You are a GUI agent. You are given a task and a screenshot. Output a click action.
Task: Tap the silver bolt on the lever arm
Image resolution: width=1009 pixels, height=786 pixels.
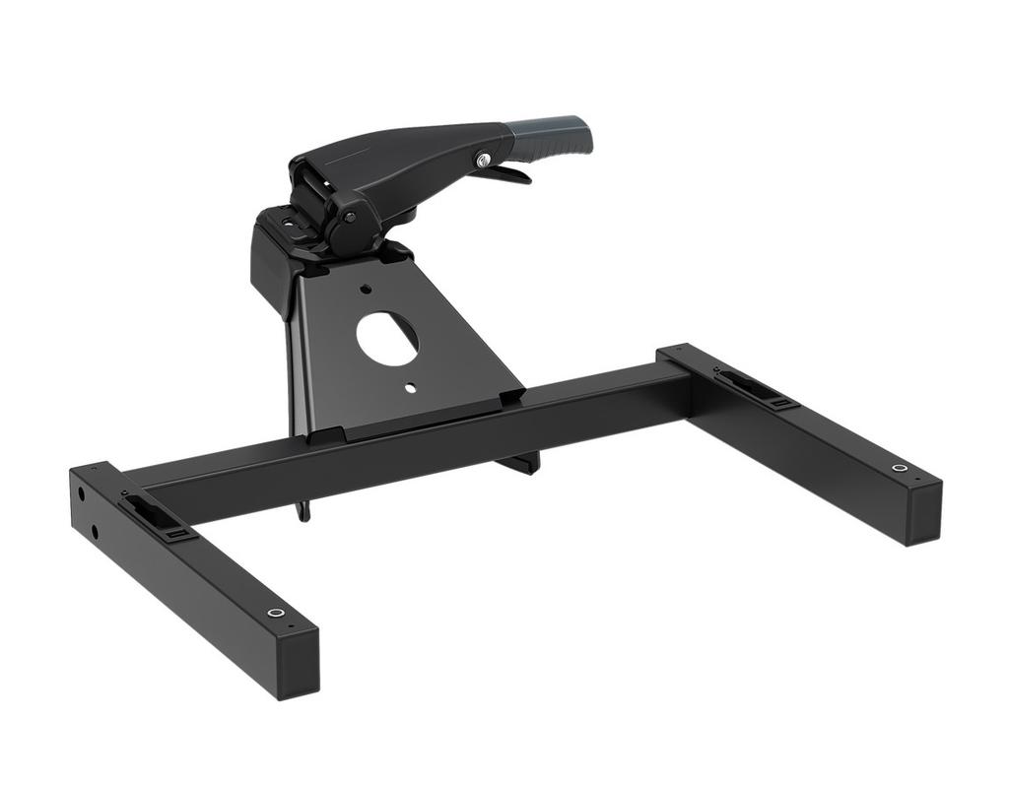pos(483,160)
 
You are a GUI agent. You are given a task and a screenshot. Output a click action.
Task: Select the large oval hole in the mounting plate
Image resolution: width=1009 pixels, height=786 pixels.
pos(387,339)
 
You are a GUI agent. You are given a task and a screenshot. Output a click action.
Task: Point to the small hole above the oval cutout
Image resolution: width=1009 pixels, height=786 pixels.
pos(366,290)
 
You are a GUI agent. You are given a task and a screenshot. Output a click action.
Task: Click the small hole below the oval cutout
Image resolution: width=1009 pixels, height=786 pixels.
pos(410,388)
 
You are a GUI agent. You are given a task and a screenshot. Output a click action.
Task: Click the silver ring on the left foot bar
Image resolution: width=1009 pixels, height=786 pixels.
pos(276,613)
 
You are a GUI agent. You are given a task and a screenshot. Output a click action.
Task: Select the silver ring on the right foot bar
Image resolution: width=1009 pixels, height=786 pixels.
pos(899,468)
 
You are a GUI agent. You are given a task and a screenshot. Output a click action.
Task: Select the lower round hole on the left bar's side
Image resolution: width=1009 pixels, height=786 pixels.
pos(95,533)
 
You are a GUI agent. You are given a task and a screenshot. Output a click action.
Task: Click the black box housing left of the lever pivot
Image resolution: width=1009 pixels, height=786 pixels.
pos(271,261)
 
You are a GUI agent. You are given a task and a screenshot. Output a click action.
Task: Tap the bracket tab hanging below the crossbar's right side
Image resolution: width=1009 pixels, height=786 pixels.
pos(522,462)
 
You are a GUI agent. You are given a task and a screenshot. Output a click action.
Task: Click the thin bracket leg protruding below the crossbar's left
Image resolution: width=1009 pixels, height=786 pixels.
pos(303,510)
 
